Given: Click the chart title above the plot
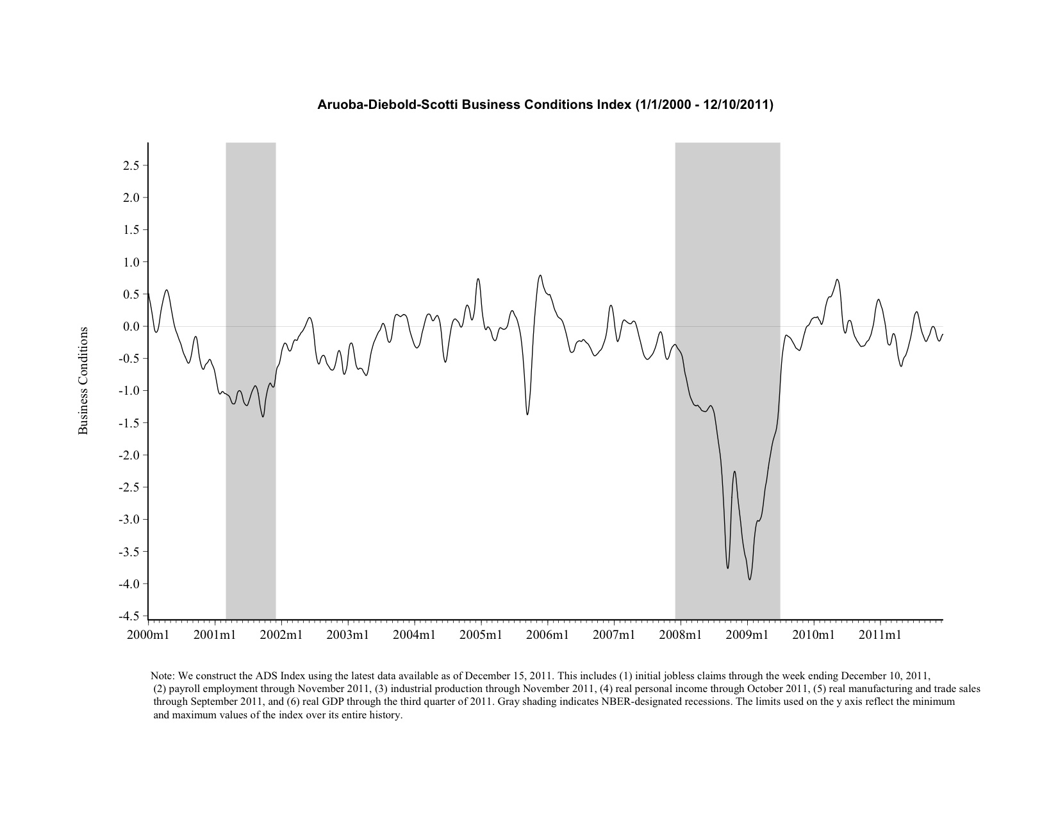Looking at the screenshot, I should click(x=545, y=104).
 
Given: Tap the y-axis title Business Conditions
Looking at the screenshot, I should click(x=83, y=381).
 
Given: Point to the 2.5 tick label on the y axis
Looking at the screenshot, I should click(x=131, y=166).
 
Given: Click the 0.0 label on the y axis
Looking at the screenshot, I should click(x=131, y=327).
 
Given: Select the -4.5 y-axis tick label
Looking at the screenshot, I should click(x=129, y=616).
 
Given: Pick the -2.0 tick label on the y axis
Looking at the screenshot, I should click(x=129, y=456).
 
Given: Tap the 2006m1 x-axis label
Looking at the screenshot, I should click(x=547, y=635).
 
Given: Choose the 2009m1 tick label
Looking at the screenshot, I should click(x=747, y=635).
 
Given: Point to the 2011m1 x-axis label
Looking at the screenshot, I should click(x=880, y=635).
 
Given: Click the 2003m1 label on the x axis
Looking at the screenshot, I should click(x=348, y=635).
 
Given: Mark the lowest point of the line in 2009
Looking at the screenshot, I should click(x=750, y=579).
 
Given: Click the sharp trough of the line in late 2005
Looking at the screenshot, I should click(x=527, y=414).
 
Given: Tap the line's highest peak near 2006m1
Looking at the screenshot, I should click(x=540, y=276).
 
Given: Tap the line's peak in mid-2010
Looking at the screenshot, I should click(x=837, y=279).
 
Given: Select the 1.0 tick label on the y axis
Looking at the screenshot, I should click(x=131, y=262).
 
